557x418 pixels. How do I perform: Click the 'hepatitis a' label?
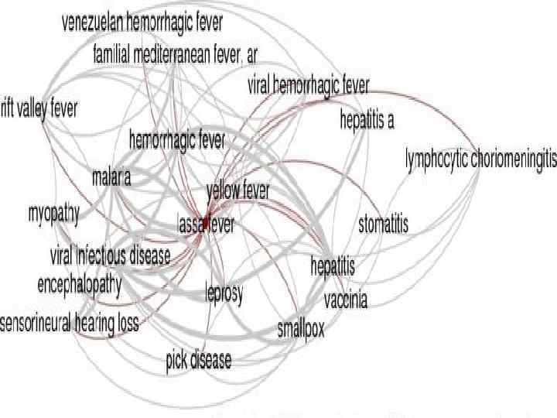click(367, 120)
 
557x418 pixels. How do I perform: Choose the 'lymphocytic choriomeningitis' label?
click(480, 159)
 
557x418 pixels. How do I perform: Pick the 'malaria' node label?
click(111, 177)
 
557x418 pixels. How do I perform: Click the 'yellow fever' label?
click(237, 190)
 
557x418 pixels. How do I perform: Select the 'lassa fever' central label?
click(206, 225)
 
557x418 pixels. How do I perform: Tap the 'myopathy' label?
click(53, 214)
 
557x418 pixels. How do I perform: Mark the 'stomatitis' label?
click(383, 225)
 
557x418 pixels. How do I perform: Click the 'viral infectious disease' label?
click(110, 256)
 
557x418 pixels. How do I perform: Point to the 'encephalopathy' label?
click(80, 284)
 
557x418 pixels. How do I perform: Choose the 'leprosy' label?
click(224, 293)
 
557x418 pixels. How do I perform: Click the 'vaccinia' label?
click(346, 300)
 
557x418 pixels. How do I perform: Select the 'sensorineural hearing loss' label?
click(70, 323)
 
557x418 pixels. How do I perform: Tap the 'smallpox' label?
click(301, 328)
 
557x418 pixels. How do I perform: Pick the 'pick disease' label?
click(198, 360)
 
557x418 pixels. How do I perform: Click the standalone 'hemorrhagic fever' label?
click(177, 141)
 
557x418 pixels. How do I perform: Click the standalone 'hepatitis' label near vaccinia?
click(333, 267)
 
